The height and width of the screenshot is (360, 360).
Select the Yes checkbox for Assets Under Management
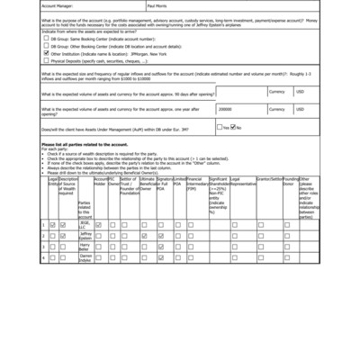[x=223, y=127]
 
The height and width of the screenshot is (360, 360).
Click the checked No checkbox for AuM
[x=234, y=127]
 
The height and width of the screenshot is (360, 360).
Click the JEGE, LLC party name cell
[x=85, y=224]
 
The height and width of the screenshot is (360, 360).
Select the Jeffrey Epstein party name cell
[x=85, y=236]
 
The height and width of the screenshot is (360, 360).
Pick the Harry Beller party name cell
[x=85, y=247]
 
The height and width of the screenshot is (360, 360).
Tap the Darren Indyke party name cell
[x=85, y=257]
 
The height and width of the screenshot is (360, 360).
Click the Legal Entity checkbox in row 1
[x=52, y=224]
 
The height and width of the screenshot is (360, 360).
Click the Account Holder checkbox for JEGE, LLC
[x=100, y=224]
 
